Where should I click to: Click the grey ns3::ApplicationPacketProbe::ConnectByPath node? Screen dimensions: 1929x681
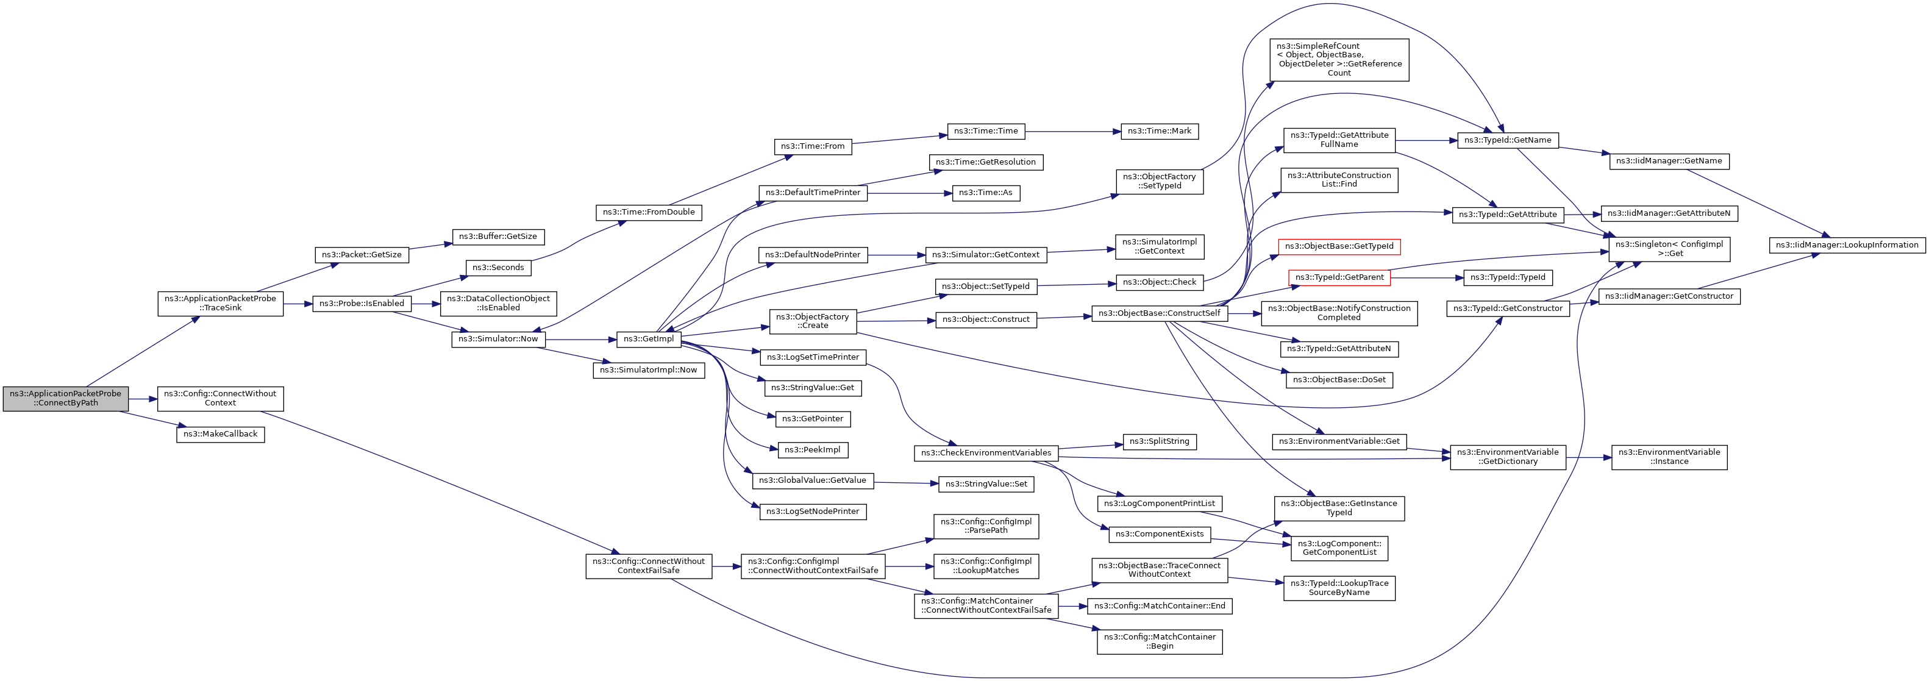coord(66,399)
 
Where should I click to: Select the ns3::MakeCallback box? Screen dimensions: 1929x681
coord(220,433)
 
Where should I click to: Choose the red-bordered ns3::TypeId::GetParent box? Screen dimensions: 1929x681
coord(1339,277)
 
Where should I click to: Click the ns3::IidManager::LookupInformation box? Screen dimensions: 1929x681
coord(1847,245)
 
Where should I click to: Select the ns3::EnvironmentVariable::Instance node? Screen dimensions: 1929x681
coord(1669,457)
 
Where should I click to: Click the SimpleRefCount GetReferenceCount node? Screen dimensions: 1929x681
coord(1339,60)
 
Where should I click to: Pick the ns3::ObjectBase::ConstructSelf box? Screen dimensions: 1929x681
coord(1159,313)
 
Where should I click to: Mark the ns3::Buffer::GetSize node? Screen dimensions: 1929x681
coord(498,237)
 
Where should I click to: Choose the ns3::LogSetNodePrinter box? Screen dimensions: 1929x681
coord(813,512)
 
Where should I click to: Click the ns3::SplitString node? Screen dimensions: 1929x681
coord(1159,442)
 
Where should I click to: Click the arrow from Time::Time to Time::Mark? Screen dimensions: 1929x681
coord(1073,131)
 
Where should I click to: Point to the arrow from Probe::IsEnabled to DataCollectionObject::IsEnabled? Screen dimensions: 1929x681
coord(426,304)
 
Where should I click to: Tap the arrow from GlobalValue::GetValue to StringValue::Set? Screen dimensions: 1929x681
coord(906,483)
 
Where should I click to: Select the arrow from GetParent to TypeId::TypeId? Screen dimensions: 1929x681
coord(1427,278)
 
